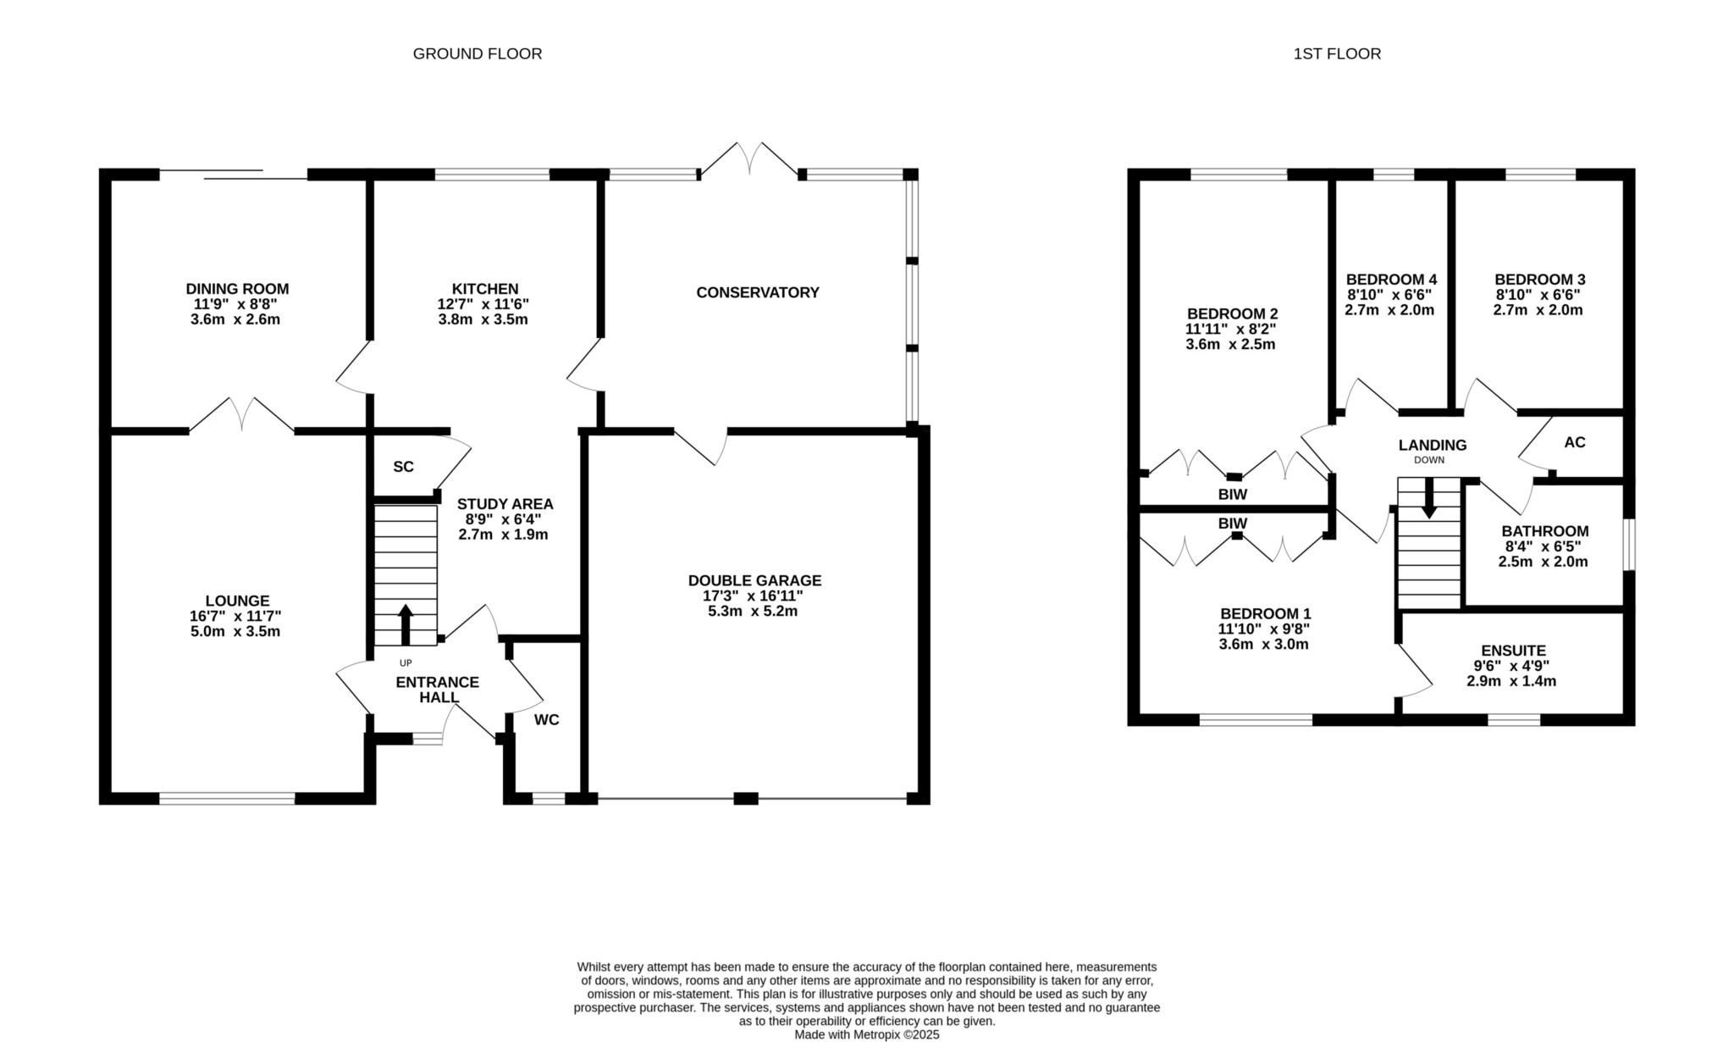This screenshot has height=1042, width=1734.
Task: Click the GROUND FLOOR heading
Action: (x=478, y=53)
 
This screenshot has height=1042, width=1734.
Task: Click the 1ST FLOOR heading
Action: (x=1337, y=53)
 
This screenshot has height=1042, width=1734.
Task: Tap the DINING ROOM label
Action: (x=237, y=289)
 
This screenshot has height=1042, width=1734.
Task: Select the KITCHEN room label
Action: (x=484, y=289)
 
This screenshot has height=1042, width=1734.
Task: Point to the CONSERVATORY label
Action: (x=758, y=292)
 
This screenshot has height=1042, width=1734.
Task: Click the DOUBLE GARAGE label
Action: (x=754, y=580)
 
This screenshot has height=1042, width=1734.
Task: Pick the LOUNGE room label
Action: (x=237, y=601)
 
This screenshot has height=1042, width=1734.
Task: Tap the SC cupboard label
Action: (x=403, y=467)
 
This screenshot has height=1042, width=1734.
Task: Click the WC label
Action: (x=547, y=720)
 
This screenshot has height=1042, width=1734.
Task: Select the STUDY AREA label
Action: (x=505, y=504)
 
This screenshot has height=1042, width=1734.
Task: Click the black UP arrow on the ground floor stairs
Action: (x=406, y=625)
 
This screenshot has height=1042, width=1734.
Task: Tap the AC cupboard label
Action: (x=1575, y=442)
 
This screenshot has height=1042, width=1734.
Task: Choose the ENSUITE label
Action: (x=1513, y=651)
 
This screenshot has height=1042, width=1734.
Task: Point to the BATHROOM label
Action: (x=1545, y=531)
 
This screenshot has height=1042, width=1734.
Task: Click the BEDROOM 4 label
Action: (x=1391, y=280)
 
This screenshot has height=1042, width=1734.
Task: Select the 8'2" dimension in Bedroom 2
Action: (x=1257, y=330)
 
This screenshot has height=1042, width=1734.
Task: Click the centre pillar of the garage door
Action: (x=746, y=798)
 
